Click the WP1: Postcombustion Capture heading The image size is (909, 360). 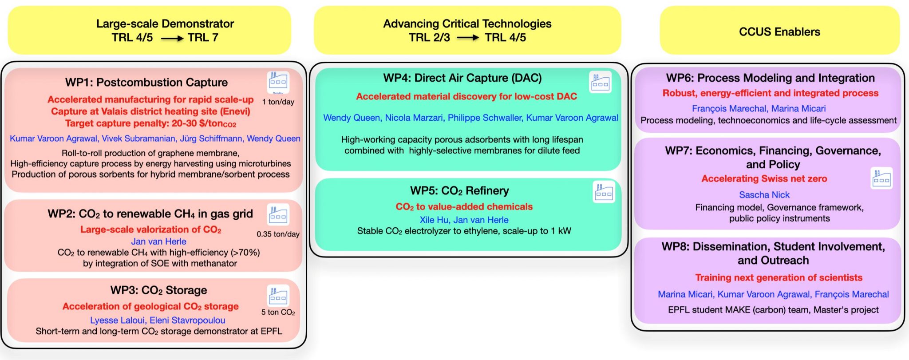pyautogui.click(x=146, y=83)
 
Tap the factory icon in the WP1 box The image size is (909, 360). pyautogui.click(x=278, y=82)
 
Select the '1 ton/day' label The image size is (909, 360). pyautogui.click(x=278, y=102)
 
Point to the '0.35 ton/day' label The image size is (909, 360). pyautogui.click(x=278, y=234)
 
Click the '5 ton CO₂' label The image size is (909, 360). pyautogui.click(x=278, y=312)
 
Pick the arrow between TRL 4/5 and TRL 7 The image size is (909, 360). pyautogui.click(x=172, y=39)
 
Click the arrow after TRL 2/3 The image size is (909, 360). pyautogui.click(x=467, y=38)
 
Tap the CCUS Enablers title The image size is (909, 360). pyautogui.click(x=779, y=32)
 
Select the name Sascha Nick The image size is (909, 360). pyautogui.click(x=764, y=195)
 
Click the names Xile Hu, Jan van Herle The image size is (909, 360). pyautogui.click(x=464, y=220)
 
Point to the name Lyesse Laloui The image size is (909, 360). pyautogui.click(x=118, y=320)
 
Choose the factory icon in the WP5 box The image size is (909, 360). pyautogui.click(x=604, y=192)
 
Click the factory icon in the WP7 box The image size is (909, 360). pyautogui.click(x=881, y=178)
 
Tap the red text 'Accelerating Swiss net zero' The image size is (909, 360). pyautogui.click(x=764, y=179)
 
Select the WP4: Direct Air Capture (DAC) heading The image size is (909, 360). pyautogui.click(x=462, y=78)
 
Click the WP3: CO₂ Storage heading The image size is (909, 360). pyautogui.click(x=158, y=290)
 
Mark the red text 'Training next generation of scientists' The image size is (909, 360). pyautogui.click(x=779, y=278)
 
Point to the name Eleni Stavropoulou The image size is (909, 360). pyautogui.click(x=187, y=320)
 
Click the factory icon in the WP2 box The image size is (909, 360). pyautogui.click(x=278, y=215)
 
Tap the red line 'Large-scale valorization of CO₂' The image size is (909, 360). pyautogui.click(x=150, y=229)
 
